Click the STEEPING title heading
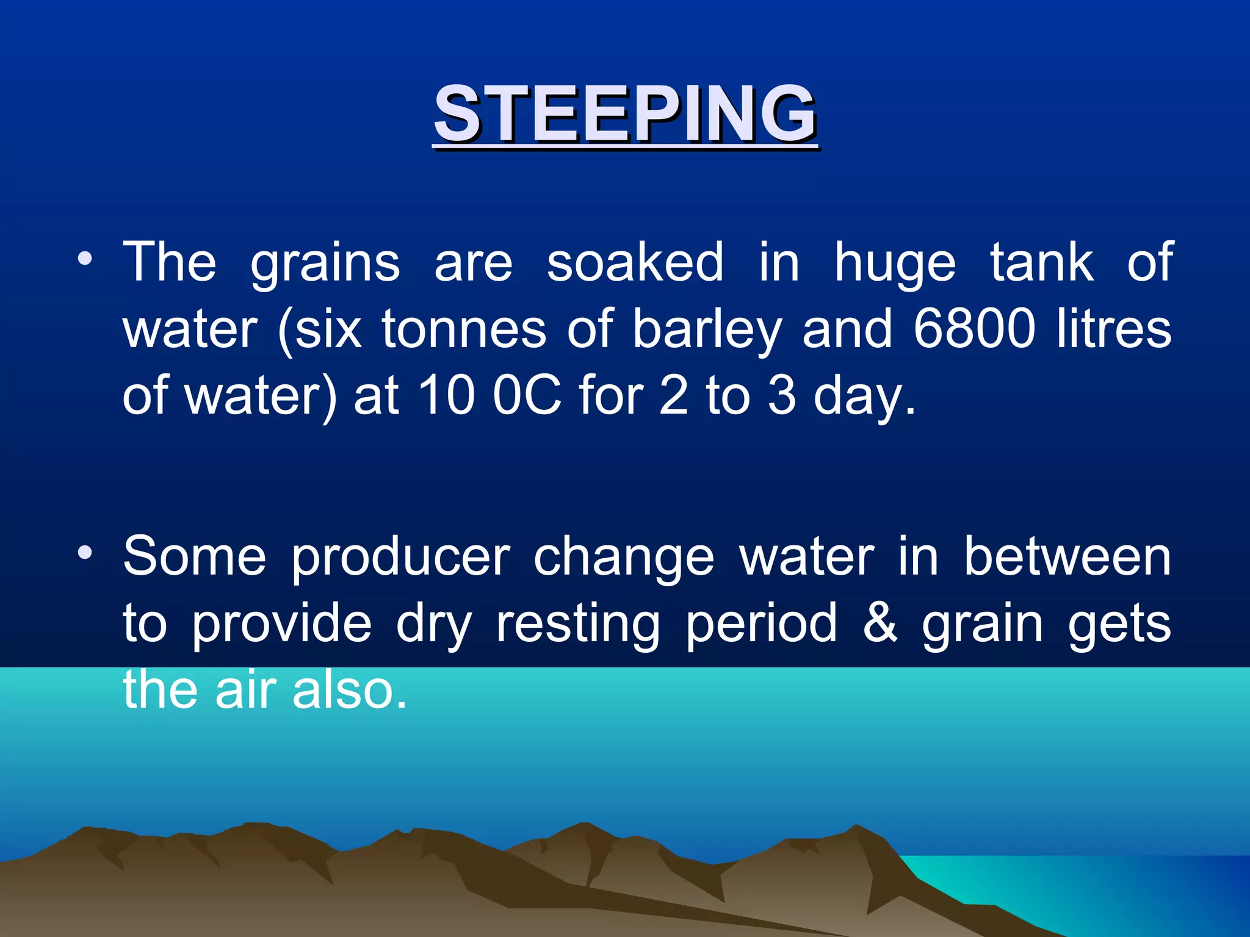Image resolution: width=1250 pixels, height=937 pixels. [x=625, y=114]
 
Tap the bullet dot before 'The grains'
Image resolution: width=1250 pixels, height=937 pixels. [x=85, y=259]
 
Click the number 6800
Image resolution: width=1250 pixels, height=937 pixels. [x=975, y=329]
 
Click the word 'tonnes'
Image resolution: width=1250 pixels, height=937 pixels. [x=464, y=329]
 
